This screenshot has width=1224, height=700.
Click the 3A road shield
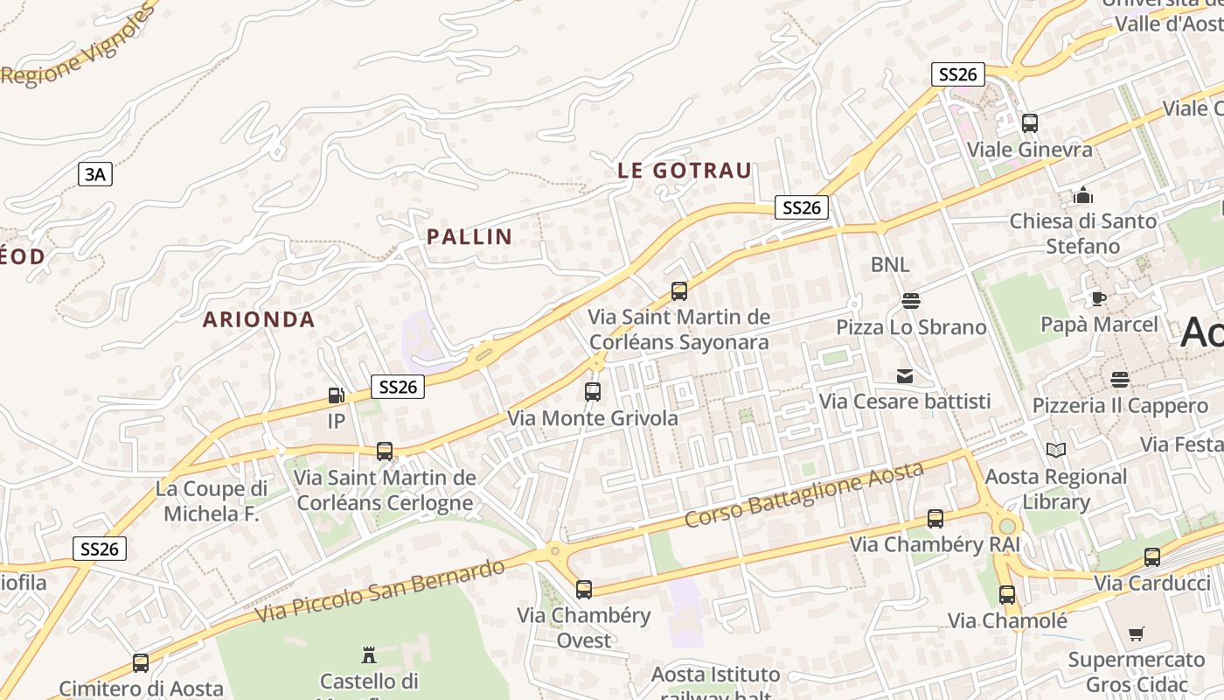tap(95, 174)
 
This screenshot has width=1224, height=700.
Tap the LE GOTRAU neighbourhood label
tap(685, 171)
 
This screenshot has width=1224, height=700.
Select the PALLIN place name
tap(469, 236)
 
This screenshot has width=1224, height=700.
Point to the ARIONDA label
tap(259, 319)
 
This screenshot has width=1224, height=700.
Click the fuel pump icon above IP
tap(336, 395)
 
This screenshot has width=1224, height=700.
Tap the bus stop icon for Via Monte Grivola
tap(593, 391)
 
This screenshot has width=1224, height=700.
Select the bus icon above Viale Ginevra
tap(1030, 123)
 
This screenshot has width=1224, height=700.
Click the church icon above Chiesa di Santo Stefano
tap(1083, 194)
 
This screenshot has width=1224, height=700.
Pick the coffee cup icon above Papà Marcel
tap(1099, 298)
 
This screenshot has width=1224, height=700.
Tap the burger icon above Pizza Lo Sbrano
tap(911, 301)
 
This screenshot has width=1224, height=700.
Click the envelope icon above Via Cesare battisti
tap(905, 376)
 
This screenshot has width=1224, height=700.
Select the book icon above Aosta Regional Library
tap(1056, 450)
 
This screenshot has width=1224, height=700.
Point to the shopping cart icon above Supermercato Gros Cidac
tap(1137, 633)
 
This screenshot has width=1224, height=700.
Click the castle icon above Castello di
tap(369, 654)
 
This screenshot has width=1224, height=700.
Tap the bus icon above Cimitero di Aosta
tap(141, 663)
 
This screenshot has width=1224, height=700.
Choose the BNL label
tap(890, 264)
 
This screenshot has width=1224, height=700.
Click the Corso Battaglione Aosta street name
tap(803, 494)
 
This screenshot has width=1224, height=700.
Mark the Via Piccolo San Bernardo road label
tap(380, 591)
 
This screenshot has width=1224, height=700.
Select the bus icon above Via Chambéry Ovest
tap(584, 589)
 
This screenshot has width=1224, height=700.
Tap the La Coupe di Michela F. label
tap(212, 500)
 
